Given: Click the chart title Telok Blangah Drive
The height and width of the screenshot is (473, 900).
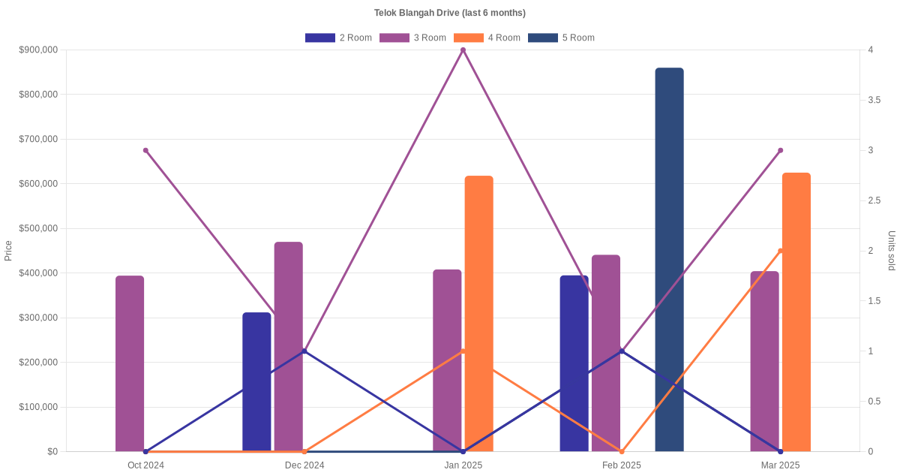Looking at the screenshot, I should [449, 13].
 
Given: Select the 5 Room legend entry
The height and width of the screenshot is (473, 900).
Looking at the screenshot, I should [562, 38].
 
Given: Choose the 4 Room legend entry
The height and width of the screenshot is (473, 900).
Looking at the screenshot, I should [487, 38].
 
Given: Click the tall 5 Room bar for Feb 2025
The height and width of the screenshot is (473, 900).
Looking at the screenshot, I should [669, 259].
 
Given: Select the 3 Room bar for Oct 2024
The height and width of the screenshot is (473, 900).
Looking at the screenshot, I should [130, 363].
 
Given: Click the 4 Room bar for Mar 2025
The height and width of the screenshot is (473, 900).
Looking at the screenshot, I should [796, 312].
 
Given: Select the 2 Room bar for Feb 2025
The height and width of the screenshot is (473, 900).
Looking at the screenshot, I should [574, 363].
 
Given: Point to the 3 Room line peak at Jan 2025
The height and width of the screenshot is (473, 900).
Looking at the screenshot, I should [463, 50].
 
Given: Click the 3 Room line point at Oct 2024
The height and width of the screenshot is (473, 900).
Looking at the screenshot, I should [145, 150].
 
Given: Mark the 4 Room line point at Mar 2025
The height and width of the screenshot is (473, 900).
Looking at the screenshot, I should [780, 251].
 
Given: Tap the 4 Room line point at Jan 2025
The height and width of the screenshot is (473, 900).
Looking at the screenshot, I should [463, 351].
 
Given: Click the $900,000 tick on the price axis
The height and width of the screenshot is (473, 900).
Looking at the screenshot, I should [37, 50].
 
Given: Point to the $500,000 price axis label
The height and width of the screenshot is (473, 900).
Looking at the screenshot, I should [37, 228].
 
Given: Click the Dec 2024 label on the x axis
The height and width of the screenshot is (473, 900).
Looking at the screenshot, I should [304, 465].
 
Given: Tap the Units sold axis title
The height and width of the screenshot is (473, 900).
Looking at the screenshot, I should [891, 251].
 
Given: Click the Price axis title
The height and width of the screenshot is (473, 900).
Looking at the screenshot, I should [8, 251].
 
